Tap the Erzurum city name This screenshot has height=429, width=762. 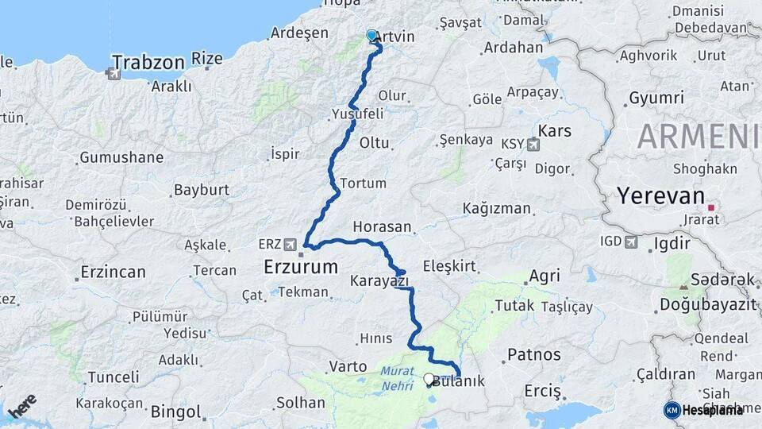(x=301, y=267)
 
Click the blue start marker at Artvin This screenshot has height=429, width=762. (x=371, y=36)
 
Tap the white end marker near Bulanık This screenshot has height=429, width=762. (x=429, y=379)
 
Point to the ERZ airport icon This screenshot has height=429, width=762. (x=291, y=244)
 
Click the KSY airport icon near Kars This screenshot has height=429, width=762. (x=531, y=145)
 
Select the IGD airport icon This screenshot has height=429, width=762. (x=632, y=242)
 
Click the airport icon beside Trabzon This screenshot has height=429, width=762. (x=113, y=74)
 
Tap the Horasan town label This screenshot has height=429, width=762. (x=383, y=226)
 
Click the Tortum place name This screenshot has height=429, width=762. (x=363, y=184)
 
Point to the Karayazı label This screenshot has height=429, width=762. (x=379, y=280)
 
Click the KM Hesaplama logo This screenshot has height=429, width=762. (x=703, y=410)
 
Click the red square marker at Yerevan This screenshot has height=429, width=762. (x=711, y=207)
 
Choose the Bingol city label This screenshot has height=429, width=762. (x=175, y=412)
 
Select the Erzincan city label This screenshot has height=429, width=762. (x=113, y=272)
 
